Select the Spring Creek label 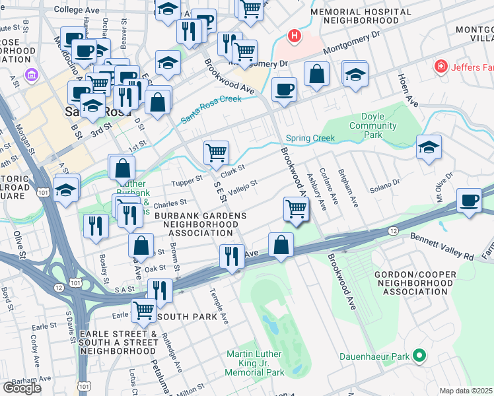tap(310, 139)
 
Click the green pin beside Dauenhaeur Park tap(417, 356)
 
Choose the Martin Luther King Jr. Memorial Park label tap(255, 364)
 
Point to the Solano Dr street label tap(388, 181)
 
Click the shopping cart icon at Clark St tap(216, 152)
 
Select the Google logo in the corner tap(21, 388)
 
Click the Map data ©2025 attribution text tap(466, 391)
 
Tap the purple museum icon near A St tap(29, 75)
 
